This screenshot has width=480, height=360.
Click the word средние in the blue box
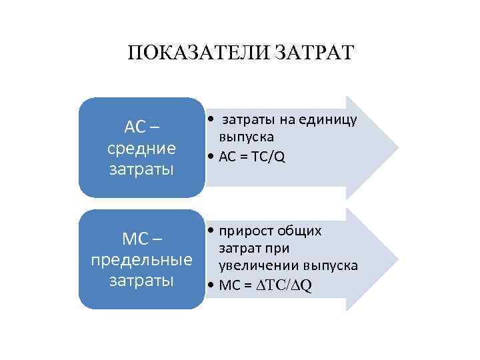click(x=141, y=147)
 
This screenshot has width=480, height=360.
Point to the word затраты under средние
click(x=141, y=168)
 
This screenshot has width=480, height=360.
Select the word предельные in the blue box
click(x=141, y=259)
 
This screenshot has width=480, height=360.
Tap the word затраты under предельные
click(x=141, y=279)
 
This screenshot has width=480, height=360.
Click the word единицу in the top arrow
click(x=329, y=120)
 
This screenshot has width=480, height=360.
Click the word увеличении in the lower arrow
click(x=250, y=265)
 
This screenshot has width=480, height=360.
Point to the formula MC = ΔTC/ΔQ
click(x=263, y=285)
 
